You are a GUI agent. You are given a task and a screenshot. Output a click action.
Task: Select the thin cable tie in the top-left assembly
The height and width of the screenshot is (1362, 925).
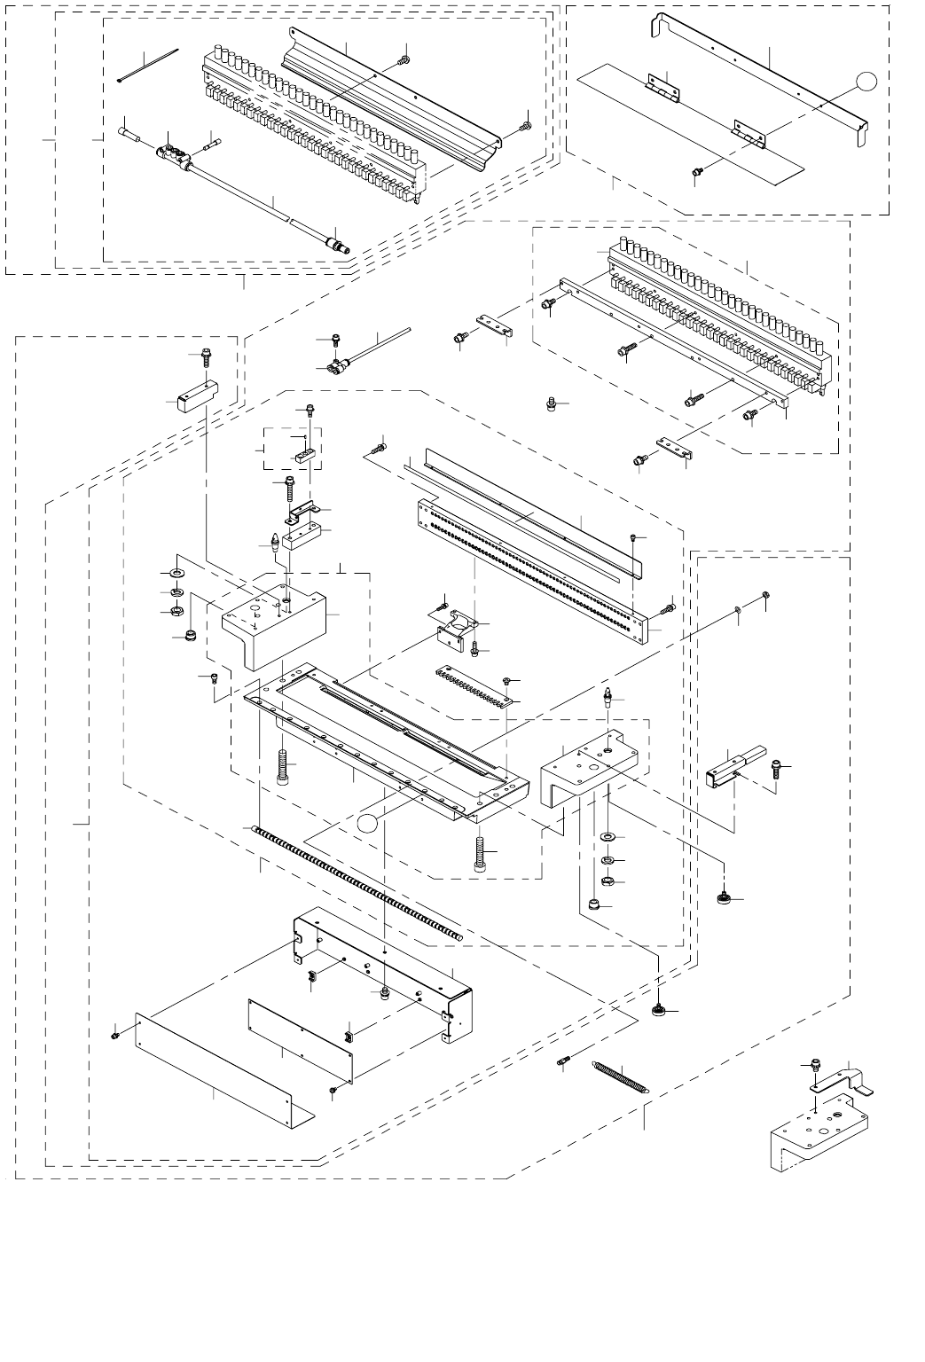[x=148, y=65]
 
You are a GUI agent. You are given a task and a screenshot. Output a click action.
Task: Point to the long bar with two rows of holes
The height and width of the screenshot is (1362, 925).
[x=532, y=567]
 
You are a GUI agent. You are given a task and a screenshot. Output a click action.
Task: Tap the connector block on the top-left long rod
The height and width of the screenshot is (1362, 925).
[x=175, y=158]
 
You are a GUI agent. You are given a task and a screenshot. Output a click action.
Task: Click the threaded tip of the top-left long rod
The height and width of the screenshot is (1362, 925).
[x=337, y=241]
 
